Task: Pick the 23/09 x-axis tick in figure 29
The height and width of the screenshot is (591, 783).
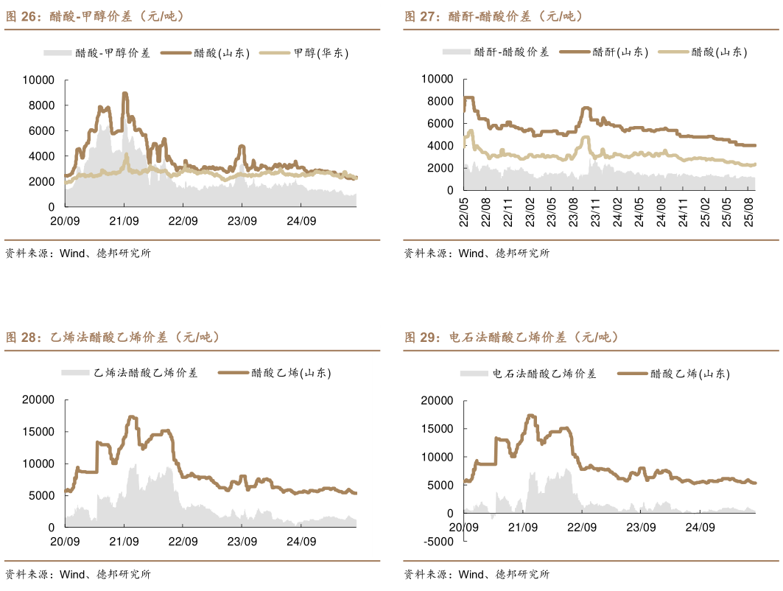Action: (641, 528)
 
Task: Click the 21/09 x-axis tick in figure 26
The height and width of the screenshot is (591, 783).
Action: (124, 220)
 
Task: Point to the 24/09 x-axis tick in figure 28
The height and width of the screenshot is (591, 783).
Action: (301, 541)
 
